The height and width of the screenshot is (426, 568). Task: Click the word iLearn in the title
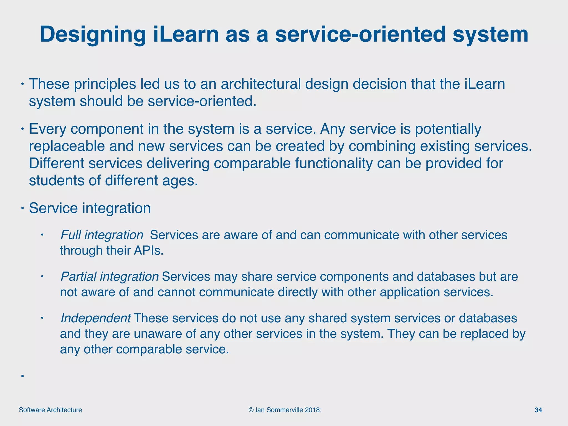coord(186,34)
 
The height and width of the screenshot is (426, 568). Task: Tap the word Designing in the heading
coord(93,35)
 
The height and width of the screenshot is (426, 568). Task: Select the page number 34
coord(538,410)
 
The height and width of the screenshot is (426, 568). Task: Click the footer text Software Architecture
coord(50,410)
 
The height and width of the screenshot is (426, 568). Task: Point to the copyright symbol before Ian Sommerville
coord(251,410)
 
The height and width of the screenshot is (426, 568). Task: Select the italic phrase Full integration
coord(102,235)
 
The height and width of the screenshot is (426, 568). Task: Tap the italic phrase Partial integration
coord(109,277)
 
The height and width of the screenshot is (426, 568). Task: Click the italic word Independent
coord(95,318)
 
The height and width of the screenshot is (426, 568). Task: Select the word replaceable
coord(67,146)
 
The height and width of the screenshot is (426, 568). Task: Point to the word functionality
coord(334,163)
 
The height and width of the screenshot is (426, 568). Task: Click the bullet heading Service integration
coord(90,208)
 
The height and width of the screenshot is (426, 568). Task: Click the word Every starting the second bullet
coord(47,129)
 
